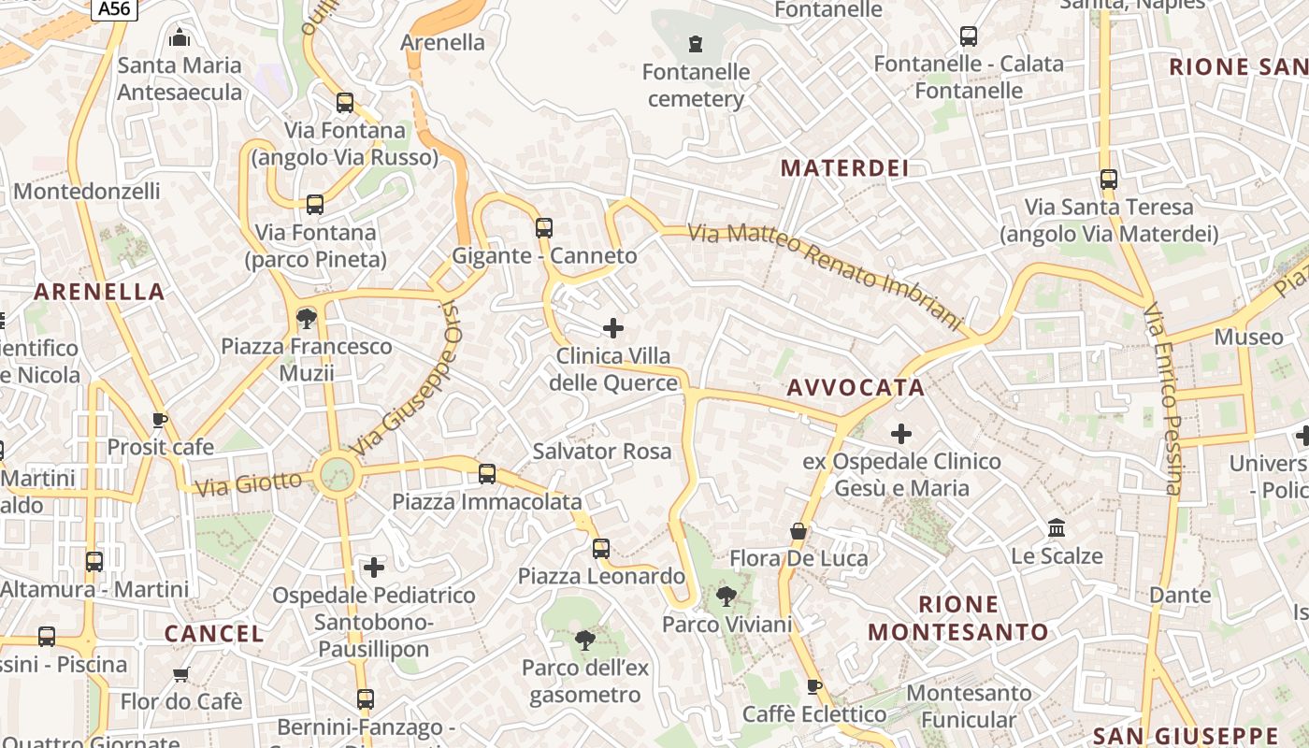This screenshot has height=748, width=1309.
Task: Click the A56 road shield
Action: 115,8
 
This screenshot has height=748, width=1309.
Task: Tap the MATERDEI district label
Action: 844,168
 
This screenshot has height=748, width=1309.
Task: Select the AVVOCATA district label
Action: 856,387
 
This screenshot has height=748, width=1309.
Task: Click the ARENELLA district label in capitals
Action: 100,292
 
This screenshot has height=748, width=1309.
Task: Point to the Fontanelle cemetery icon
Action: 696,43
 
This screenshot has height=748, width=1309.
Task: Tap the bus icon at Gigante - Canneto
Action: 544,227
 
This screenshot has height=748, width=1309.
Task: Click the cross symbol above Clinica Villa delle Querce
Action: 613,327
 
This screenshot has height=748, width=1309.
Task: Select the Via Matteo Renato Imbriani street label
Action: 826,276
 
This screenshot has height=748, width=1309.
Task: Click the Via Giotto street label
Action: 249,483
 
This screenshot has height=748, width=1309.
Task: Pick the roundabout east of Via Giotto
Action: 337,474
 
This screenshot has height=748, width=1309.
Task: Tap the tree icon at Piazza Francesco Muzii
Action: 306,318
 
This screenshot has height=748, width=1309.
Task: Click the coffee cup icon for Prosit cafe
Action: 160,420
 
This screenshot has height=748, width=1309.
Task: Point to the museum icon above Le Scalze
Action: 1057,528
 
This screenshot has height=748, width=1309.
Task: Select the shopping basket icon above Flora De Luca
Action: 798,531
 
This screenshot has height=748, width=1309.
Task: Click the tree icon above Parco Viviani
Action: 726,596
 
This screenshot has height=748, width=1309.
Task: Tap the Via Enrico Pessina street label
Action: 1166,398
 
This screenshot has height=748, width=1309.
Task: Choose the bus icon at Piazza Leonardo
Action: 601,548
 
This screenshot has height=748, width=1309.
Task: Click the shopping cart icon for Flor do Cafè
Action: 181,673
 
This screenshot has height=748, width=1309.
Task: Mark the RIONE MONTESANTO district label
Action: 958,618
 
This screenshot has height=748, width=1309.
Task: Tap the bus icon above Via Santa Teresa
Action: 1109,179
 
